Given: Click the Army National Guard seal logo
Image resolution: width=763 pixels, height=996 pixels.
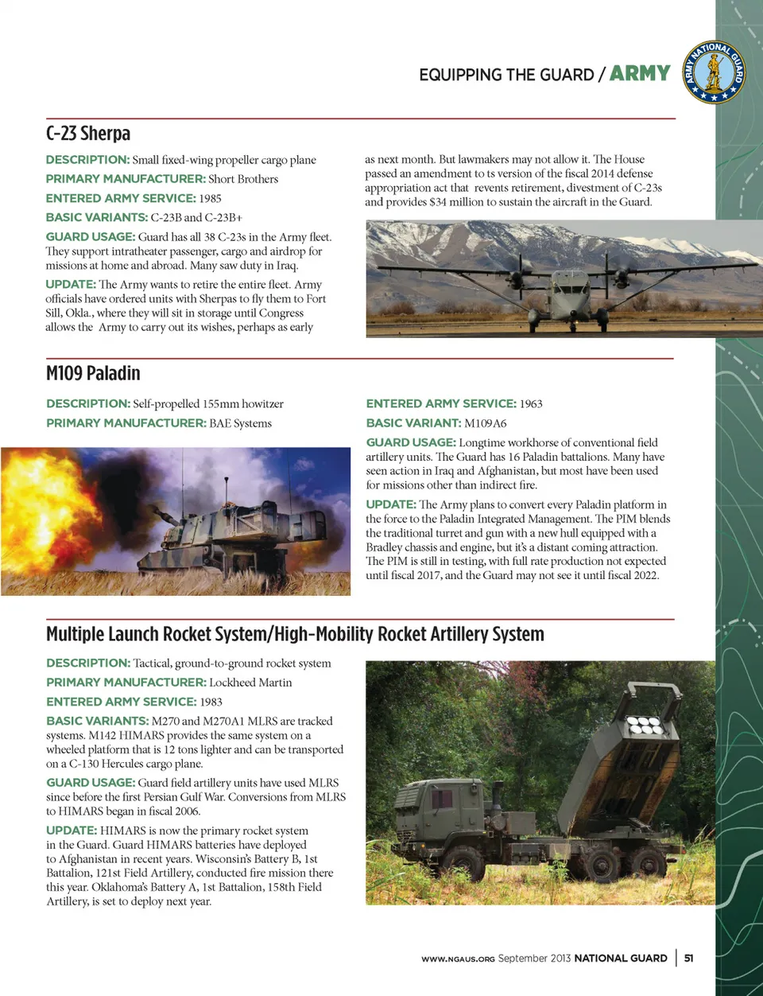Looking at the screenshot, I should point(715,72).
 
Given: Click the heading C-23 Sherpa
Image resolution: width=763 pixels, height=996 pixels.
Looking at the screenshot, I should point(88,134).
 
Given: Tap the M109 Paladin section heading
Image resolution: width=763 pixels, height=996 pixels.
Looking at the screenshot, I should point(93,373).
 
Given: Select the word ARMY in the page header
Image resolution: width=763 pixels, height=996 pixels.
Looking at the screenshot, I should point(640,73).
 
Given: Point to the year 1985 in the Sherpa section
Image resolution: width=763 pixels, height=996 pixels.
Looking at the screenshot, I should point(211,198).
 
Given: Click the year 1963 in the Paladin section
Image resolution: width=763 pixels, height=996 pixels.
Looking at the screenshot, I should point(531,403).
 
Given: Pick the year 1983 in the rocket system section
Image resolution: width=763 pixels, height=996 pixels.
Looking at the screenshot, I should point(211,702).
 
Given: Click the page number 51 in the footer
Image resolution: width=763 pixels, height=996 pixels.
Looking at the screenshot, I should point(688,958).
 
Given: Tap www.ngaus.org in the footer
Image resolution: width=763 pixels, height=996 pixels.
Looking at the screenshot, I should point(458,959).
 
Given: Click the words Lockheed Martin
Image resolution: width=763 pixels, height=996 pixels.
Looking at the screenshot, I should point(250,683).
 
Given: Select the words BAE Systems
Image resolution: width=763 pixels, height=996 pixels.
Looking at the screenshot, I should point(240,423).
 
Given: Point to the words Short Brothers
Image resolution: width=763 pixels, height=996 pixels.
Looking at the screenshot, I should point(243,179).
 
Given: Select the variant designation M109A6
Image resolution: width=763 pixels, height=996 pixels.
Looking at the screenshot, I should point(486,423).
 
